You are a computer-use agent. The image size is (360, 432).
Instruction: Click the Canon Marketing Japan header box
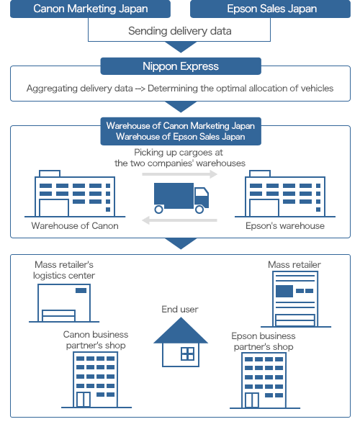point(90,9)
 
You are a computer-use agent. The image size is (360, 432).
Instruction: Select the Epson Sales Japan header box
point(270,9)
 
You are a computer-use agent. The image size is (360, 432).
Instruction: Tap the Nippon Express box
point(181,66)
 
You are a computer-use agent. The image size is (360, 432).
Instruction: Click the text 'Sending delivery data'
point(179,31)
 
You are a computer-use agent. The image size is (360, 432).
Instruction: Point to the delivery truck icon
point(181,198)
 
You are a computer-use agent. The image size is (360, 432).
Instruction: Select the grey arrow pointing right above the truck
point(179,174)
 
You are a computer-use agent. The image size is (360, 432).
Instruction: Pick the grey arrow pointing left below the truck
point(179,220)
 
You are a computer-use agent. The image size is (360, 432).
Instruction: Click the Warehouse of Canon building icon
point(75,194)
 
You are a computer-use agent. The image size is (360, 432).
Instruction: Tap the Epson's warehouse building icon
point(285,194)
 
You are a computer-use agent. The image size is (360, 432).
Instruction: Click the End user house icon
point(181,342)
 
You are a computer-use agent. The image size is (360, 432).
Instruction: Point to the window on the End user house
point(188,354)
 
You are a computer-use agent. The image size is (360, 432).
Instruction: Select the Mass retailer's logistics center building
point(64,303)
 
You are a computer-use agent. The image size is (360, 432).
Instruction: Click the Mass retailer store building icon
point(295,300)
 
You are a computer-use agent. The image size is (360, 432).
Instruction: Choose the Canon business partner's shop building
point(96,379)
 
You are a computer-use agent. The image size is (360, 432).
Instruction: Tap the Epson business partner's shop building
point(264,380)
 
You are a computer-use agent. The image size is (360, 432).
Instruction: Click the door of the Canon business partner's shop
point(84,400)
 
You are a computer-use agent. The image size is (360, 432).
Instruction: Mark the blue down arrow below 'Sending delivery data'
point(181,47)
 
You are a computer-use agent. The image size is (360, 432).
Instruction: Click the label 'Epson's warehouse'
point(285,226)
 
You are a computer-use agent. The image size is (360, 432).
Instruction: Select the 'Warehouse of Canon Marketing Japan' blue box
point(181,131)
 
